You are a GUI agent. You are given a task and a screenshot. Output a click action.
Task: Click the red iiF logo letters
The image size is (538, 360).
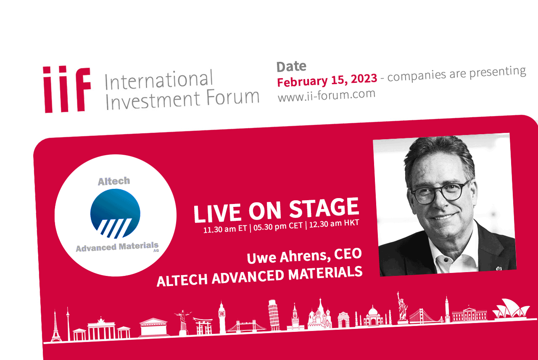pos(67,89)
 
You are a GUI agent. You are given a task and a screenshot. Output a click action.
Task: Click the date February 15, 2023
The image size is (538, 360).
pos(327,80)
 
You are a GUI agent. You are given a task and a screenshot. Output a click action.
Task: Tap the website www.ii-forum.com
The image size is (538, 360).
pos(327,95)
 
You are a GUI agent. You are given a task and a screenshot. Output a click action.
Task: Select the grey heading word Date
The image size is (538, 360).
pos(291,66)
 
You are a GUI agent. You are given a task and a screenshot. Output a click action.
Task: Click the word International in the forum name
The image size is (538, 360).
pos(159,80)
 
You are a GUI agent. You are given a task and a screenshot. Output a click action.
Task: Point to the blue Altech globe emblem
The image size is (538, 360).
pos(115,214)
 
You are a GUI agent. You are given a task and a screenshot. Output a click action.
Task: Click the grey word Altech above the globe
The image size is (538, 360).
pos(114,181)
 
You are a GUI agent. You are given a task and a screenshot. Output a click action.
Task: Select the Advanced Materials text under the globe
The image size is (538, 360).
pos(117,247)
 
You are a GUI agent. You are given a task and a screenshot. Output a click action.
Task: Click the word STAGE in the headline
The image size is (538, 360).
pos(324,207)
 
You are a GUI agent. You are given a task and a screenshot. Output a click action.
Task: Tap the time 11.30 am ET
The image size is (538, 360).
pos(225,229)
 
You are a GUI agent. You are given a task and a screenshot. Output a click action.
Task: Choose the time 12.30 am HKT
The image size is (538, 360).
pos(334,223)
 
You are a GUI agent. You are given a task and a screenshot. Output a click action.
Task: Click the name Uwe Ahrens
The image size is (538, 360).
pos(287,257)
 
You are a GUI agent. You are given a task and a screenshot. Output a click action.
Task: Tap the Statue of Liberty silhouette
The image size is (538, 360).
pos(402,307)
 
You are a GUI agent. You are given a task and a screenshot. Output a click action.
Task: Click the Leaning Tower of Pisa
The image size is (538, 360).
pos(273,315)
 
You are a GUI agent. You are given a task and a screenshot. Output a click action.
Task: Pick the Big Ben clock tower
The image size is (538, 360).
pos(222,318)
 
